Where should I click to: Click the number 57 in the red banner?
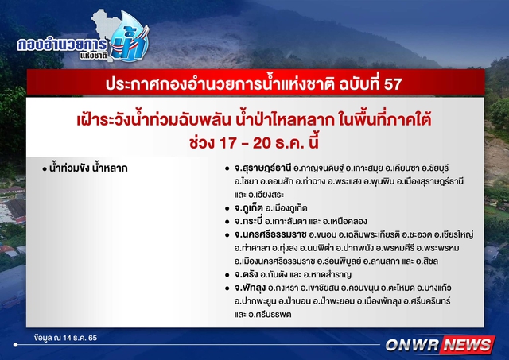coord(392,84)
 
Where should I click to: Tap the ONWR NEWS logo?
coord(440,345)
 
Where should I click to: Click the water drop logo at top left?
coord(130,37)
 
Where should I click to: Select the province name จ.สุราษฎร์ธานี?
coord(263,168)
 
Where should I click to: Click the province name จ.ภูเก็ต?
coord(248,208)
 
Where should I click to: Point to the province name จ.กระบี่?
coord(248,221)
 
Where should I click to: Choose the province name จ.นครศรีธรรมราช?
coord(270,234)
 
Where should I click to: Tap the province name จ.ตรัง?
coord(246,275)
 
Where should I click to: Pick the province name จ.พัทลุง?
coord(250,288)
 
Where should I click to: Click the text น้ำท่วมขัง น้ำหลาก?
coord(88,168)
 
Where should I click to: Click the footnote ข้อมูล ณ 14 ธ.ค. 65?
coord(65,338)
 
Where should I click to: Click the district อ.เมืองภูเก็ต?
coord(286,208)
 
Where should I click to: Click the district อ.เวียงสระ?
coord(266,195)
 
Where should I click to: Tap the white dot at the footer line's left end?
coord(16,345)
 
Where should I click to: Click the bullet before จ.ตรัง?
coord(227,275)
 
